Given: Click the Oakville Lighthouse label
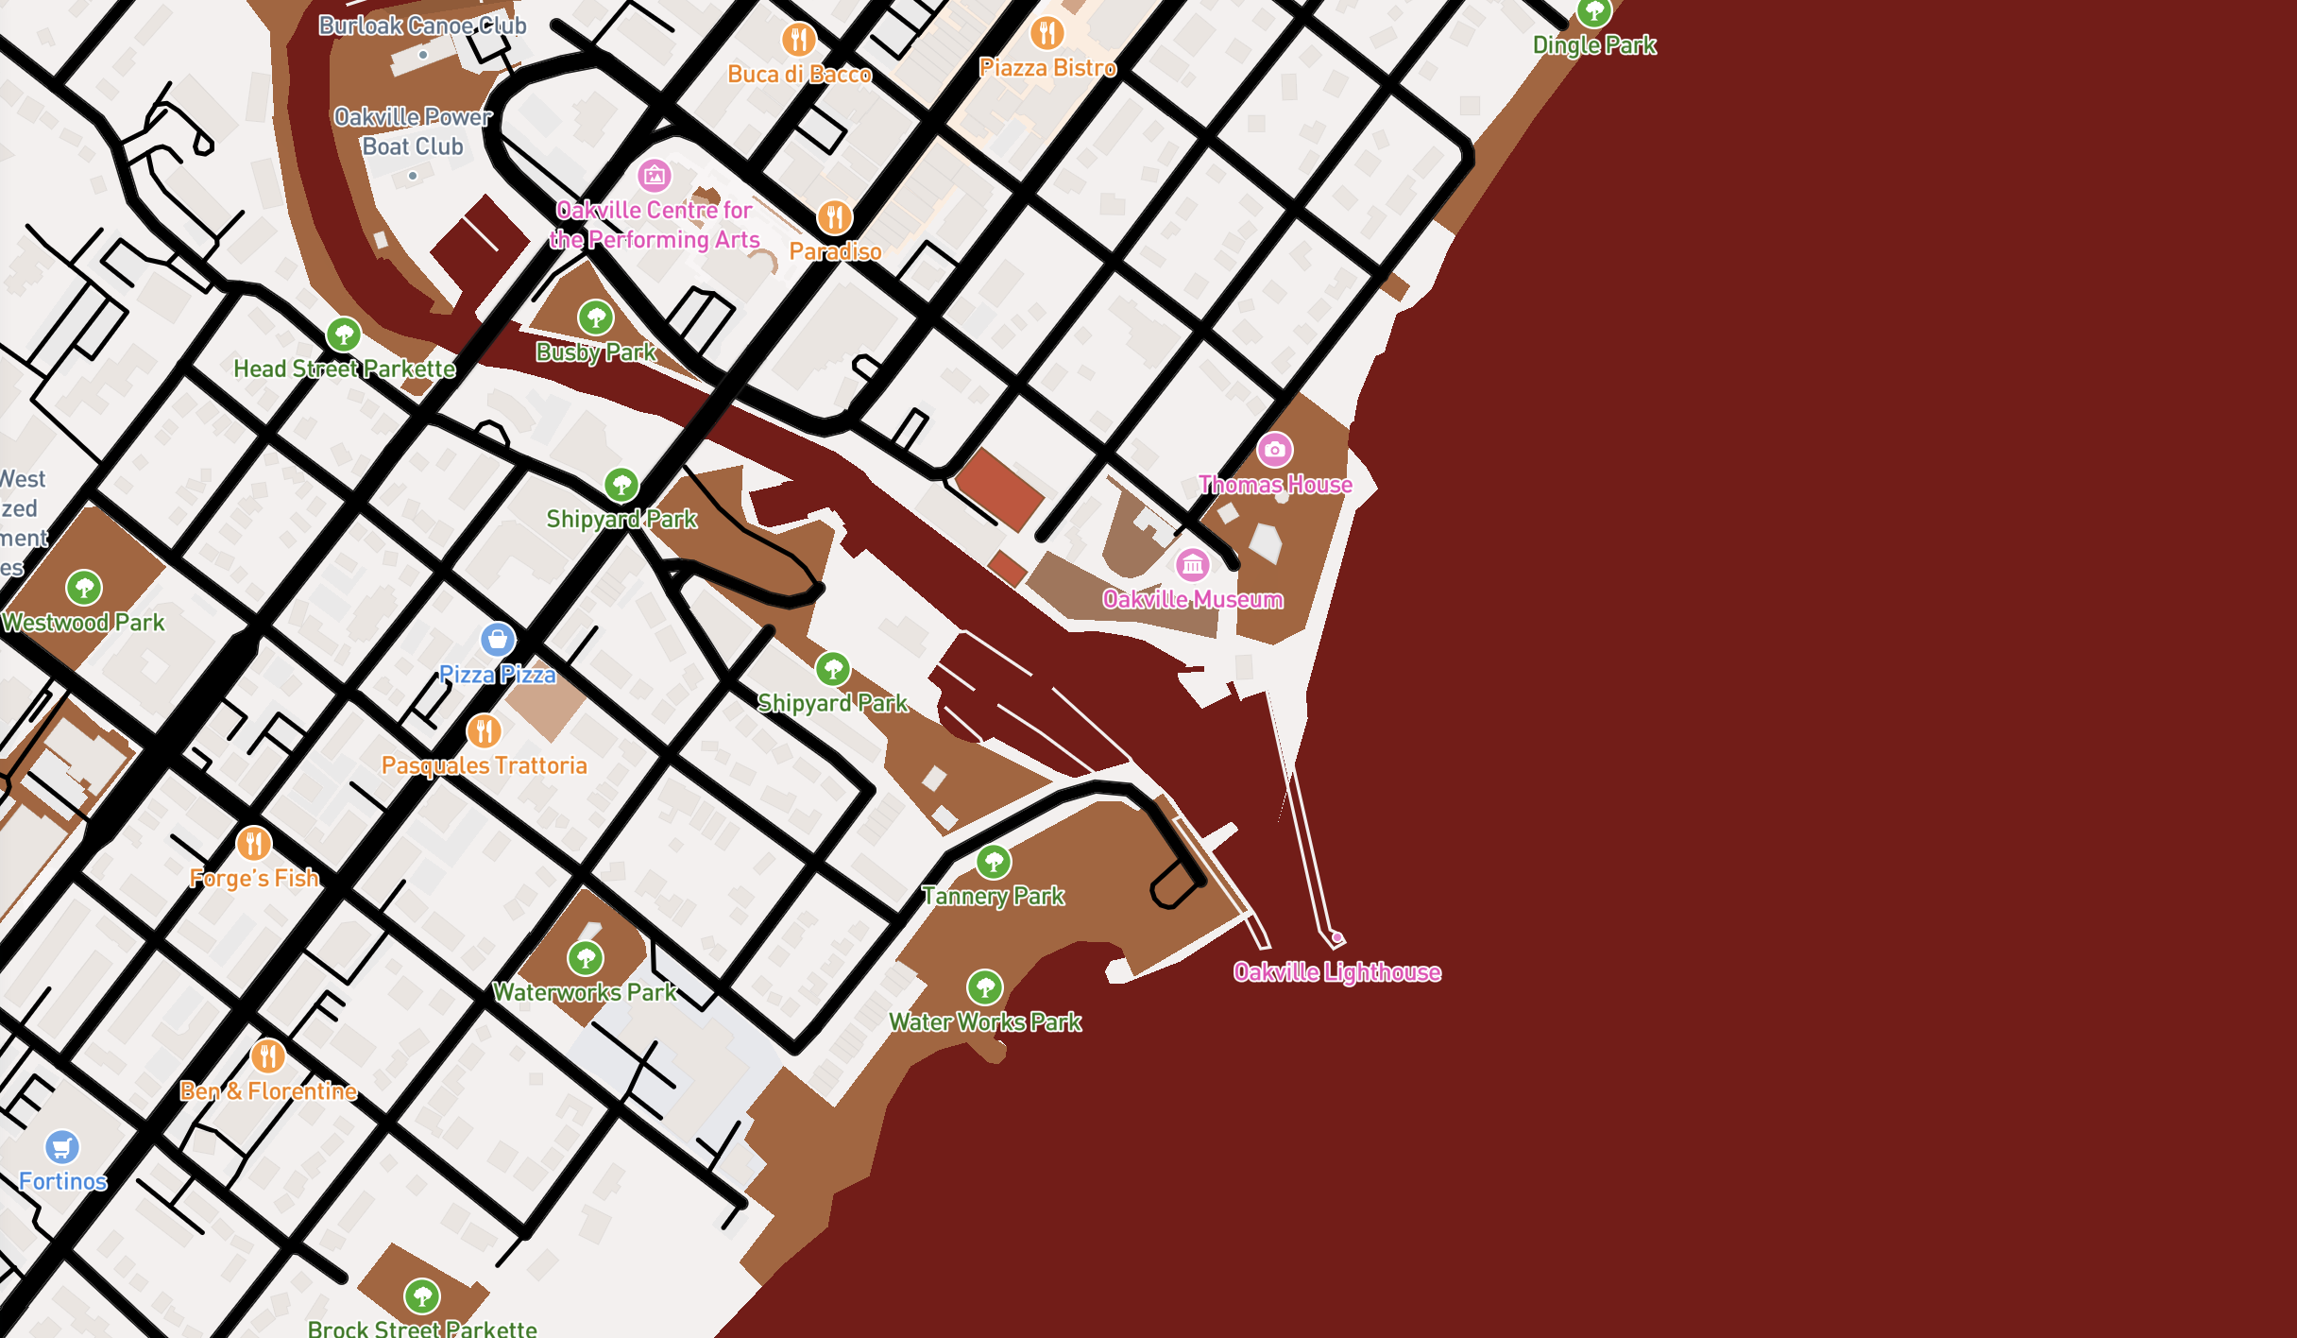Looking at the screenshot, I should pos(1336,972).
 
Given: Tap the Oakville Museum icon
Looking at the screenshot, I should pos(1193,565).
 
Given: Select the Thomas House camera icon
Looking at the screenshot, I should pos(1274,450).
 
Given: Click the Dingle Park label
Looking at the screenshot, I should pos(1594,45).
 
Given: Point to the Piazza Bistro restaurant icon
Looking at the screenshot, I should pos(1046,33).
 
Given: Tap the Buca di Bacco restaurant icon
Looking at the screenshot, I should pos(798,40).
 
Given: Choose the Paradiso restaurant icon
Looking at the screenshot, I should pos(834,217).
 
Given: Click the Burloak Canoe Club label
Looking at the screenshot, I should pos(422,26).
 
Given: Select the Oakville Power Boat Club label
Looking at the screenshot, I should pos(413,131).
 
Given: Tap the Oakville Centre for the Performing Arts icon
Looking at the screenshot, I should pos(654,175).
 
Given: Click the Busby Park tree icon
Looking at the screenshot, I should pos(595,317).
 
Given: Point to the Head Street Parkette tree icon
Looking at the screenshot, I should pos(344,334).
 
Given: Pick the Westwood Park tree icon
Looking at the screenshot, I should pos(84,588).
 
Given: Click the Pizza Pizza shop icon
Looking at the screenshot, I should pos(498,640).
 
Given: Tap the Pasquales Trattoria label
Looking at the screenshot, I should pos(484,765).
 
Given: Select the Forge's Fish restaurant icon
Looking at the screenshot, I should pos(253,843).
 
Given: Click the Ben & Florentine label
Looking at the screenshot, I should pos(268,1091).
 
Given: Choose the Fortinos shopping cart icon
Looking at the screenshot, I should pos(62,1147).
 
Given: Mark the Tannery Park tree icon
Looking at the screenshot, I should pos(993,861).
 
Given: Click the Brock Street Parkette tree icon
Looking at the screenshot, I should pos(421,1295).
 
